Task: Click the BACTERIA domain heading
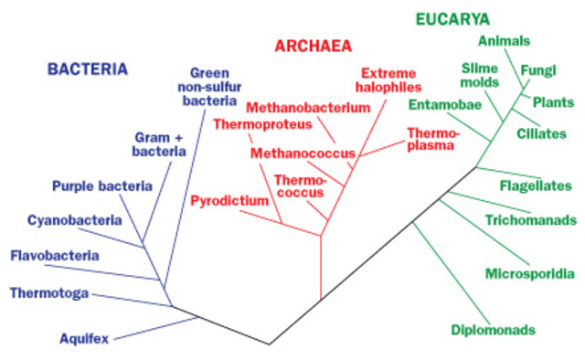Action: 88,69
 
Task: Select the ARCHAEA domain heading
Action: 314,46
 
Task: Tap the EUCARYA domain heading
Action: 452,18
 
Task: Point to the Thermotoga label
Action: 48,293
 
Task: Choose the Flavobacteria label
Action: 54,255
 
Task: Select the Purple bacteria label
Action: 101,186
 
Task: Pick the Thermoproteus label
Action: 255,124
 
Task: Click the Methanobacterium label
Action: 295,107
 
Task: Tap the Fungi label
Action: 537,69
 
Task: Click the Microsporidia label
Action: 530,273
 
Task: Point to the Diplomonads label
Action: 493,329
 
